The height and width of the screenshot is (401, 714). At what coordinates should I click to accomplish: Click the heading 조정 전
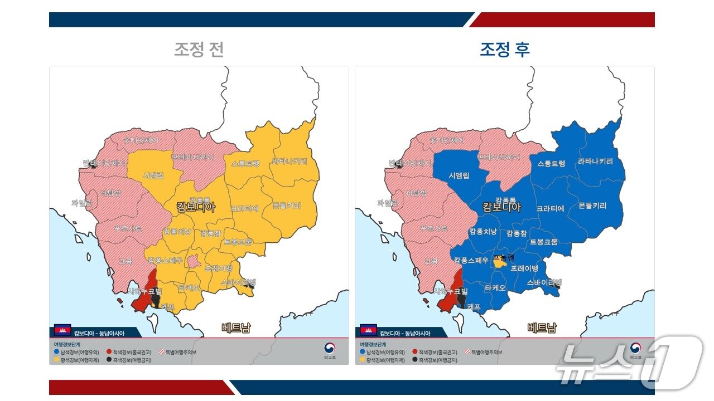click(199, 50)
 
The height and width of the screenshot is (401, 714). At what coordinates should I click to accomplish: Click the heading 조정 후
click(505, 50)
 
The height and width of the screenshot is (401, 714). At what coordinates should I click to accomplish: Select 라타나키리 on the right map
click(595, 162)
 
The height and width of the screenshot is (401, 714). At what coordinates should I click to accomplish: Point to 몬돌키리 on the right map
click(592, 206)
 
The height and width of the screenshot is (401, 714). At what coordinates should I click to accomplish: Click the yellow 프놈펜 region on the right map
click(500, 262)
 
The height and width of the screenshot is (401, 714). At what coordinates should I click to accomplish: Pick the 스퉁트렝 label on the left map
click(245, 164)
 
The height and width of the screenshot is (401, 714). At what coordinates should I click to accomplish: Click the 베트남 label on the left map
click(236, 327)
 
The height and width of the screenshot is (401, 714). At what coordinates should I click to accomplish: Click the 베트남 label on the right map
click(542, 327)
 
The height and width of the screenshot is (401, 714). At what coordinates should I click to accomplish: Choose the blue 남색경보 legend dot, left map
click(56, 353)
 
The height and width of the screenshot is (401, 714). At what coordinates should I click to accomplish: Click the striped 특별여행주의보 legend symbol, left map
click(162, 353)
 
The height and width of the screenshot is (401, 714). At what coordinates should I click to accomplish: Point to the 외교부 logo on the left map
click(330, 349)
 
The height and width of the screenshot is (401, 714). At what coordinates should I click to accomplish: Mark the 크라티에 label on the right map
click(551, 208)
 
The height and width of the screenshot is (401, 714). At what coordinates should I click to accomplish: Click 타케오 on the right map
click(495, 288)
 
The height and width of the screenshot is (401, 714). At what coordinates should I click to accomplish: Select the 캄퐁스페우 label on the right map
click(471, 260)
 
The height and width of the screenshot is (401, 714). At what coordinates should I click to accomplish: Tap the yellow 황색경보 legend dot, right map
click(362, 360)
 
